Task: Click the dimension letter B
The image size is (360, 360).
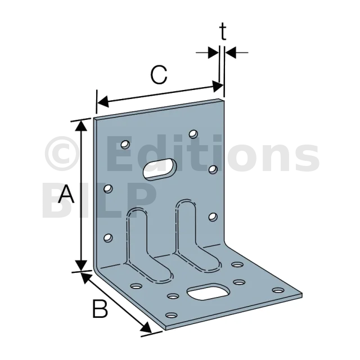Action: point(100,308)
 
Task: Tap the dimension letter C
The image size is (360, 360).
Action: point(159,75)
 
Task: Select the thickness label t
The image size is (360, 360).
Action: point(223,31)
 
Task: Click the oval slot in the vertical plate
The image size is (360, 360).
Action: point(160,169)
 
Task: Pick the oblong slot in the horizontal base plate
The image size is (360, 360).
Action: point(208,292)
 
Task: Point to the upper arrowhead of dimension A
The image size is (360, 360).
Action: point(81,125)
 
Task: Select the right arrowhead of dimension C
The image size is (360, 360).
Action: point(218,86)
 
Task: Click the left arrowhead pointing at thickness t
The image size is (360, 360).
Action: point(213,52)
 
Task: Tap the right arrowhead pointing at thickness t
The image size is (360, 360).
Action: point(231,52)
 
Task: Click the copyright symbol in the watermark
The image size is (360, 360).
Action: point(62,154)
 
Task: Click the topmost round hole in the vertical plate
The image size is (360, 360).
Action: point(193,134)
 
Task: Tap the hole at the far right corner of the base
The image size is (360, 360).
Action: point(278,290)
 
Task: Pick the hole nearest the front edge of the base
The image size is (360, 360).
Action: point(172,315)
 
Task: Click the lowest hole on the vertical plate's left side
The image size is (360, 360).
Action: point(108,237)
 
